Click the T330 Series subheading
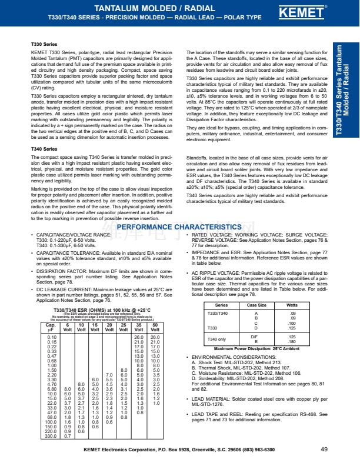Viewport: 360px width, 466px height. [x=44, y=44]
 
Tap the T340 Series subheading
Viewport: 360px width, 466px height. [x=44, y=149]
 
